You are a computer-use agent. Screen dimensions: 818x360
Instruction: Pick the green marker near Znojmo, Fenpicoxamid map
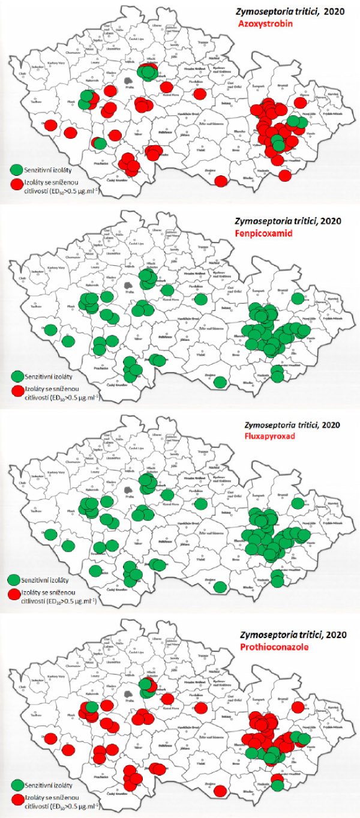point(220,382)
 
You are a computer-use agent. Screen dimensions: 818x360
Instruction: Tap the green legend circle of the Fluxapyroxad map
point(16,581)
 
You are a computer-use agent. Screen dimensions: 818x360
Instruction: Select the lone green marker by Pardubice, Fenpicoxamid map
point(202,298)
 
